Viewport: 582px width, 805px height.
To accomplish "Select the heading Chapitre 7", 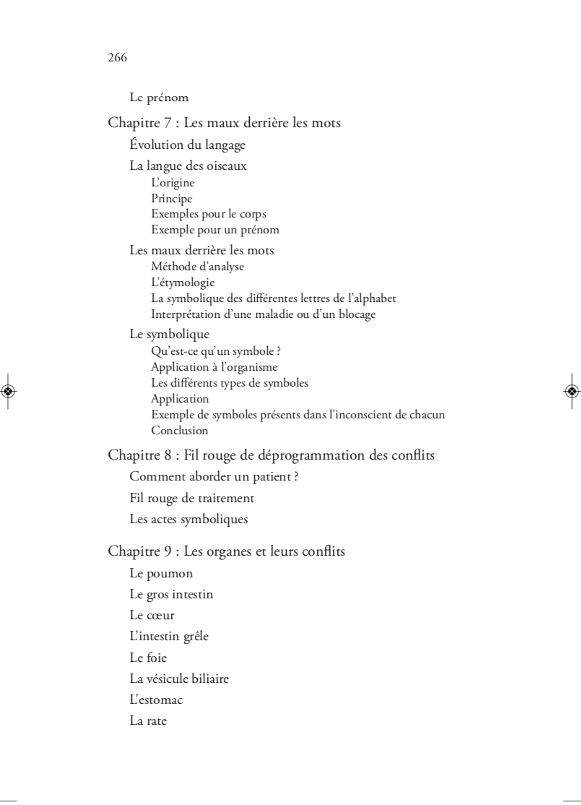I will click(x=224, y=124).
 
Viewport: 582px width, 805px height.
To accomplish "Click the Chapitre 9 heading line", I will click(x=226, y=552).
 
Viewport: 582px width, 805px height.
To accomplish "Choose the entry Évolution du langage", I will click(x=187, y=145).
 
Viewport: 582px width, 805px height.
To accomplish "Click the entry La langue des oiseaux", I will click(x=188, y=167).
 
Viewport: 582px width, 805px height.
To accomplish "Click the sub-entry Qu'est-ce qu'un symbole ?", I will click(x=215, y=352).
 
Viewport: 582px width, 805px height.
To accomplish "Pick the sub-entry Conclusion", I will click(x=180, y=431).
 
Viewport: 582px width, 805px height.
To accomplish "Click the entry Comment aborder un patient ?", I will click(x=209, y=477).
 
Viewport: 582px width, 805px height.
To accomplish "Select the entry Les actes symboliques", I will click(x=188, y=519).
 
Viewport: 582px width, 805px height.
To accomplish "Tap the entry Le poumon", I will click(x=160, y=574).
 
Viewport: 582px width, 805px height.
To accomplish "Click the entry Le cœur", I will click(x=152, y=616).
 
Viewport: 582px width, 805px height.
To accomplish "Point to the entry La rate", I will click(x=148, y=721).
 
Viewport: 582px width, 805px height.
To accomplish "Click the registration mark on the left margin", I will click(x=9, y=391).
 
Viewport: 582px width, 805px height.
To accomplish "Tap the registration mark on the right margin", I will click(x=572, y=391).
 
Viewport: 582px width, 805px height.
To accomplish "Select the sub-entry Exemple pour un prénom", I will click(x=214, y=231).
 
